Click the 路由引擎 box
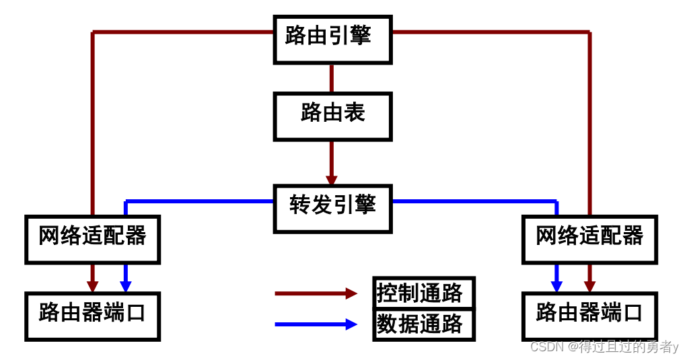[x=332, y=40]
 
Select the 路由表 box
[x=332, y=116]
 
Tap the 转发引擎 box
[x=332, y=209]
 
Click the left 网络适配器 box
[x=93, y=239]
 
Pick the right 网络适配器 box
[x=589, y=239]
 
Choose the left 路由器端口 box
[x=93, y=316]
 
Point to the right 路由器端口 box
[x=589, y=316]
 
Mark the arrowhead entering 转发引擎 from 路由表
[x=332, y=180]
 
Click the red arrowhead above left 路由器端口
[x=93, y=287]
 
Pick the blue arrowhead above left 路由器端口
[x=126, y=287]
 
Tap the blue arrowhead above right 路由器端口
[x=556, y=287]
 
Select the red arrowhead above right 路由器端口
[x=589, y=287]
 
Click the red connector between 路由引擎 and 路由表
[x=332, y=78]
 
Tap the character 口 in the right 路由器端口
[x=632, y=313]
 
